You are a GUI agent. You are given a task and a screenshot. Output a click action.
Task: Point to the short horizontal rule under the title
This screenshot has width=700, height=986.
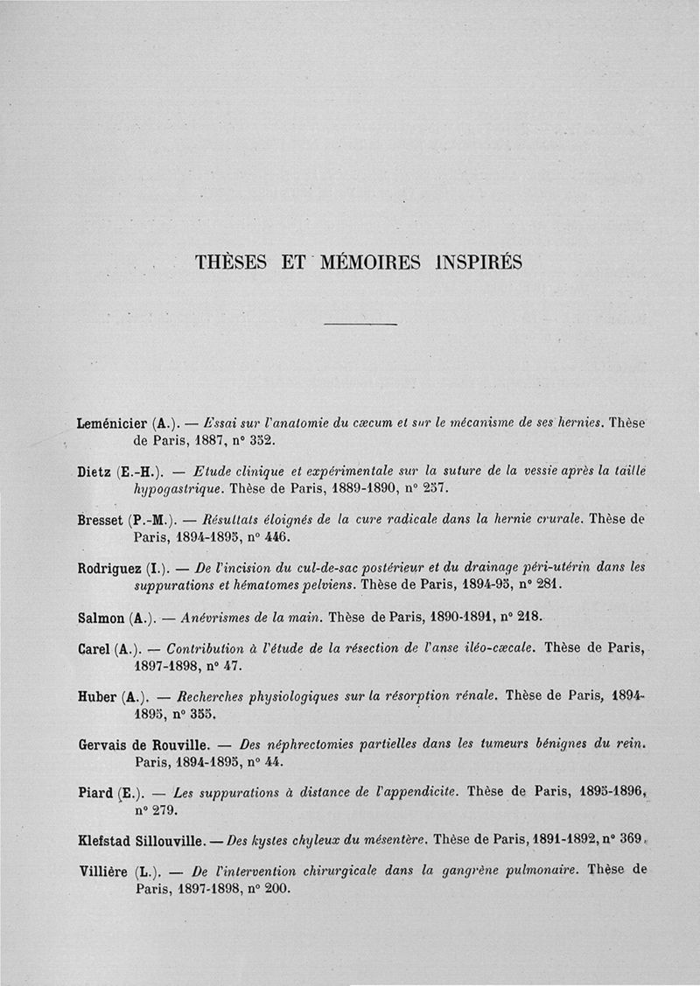click(360, 325)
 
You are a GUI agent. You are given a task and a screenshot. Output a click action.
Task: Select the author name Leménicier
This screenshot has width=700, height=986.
click(114, 423)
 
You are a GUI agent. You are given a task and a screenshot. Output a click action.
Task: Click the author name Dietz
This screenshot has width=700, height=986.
click(94, 472)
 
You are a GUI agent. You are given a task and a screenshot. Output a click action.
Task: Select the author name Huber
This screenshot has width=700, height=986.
click(96, 697)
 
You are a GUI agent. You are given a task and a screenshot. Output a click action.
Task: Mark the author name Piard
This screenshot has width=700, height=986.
click(95, 794)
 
